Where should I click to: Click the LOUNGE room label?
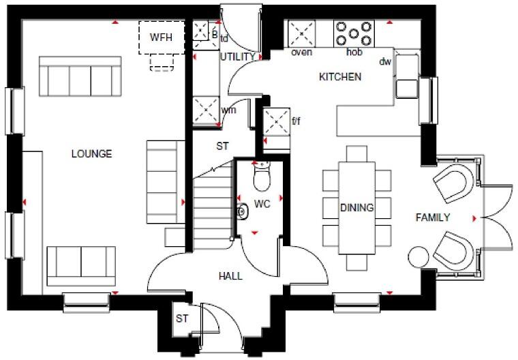[91, 154]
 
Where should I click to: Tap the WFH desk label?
[162, 36]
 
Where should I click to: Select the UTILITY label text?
[238, 57]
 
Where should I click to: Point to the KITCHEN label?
[340, 77]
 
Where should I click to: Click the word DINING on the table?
[357, 208]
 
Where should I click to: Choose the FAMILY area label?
[433, 218]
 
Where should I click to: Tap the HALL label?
[230, 276]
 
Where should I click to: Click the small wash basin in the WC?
[242, 213]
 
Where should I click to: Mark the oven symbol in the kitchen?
[301, 33]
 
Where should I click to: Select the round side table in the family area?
[417, 257]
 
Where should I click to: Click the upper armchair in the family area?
[451, 183]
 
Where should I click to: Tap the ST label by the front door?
[182, 319]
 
